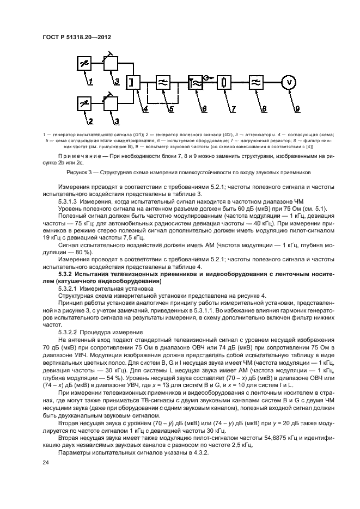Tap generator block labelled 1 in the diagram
pyautogui.click(x=83, y=64)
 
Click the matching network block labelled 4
pyautogui.click(x=133, y=83)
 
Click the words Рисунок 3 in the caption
pyautogui.click(x=93, y=172)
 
